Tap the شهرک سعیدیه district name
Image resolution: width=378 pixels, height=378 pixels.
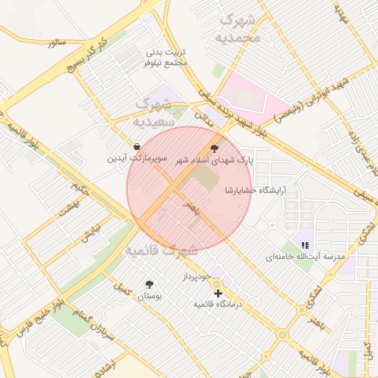154,110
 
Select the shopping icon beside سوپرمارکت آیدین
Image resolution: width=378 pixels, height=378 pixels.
137,145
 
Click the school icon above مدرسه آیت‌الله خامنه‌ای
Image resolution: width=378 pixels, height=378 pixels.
305,245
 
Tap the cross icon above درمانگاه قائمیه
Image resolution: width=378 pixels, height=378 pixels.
217,293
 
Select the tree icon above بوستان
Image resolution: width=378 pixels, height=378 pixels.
150,284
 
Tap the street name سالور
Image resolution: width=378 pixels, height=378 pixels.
57,44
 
